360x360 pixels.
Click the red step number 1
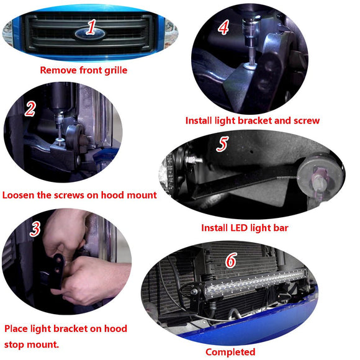[92, 27]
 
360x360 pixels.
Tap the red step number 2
[30, 109]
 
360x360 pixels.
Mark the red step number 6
[230, 260]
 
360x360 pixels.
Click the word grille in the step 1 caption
[112, 70]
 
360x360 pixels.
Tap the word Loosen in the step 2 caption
[21, 195]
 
